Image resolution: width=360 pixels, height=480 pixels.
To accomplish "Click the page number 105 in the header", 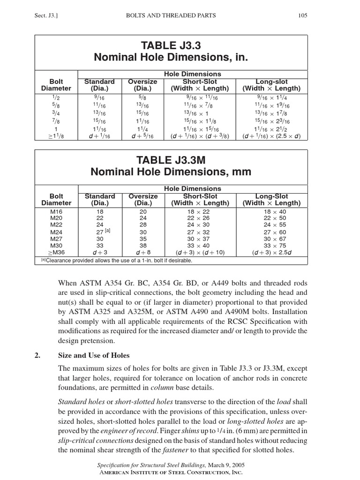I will pos(302,15).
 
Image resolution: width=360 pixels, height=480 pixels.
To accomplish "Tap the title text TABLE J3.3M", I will pos(171,160).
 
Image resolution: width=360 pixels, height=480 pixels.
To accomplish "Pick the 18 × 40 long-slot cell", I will pos(271,212).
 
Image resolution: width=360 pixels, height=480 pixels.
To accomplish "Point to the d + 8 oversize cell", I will pos(142,252).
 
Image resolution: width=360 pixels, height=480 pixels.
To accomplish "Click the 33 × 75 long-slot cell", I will pos(271,245).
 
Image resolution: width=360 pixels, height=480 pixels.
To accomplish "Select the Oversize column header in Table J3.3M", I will pos(142,200).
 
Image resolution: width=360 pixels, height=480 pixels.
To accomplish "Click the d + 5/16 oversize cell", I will pos(142,136).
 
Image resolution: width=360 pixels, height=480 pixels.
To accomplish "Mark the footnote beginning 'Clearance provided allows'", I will pos(117,260).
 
